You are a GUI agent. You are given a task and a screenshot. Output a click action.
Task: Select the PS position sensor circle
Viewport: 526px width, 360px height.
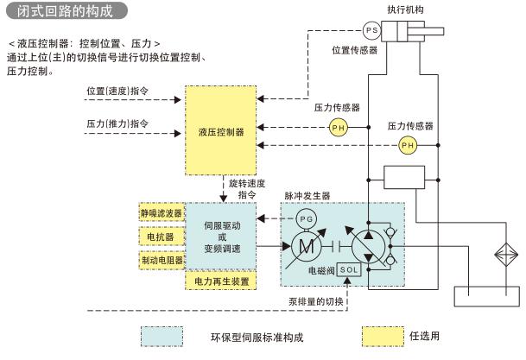[372, 30]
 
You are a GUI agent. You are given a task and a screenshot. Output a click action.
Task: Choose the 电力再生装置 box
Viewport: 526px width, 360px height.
[221, 281]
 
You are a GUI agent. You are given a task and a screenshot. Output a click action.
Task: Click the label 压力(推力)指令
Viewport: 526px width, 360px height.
[118, 123]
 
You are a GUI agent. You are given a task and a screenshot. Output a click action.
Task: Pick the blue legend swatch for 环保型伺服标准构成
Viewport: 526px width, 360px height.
[162, 336]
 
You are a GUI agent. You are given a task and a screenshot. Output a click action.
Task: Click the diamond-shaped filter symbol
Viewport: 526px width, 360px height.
[503, 258]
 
